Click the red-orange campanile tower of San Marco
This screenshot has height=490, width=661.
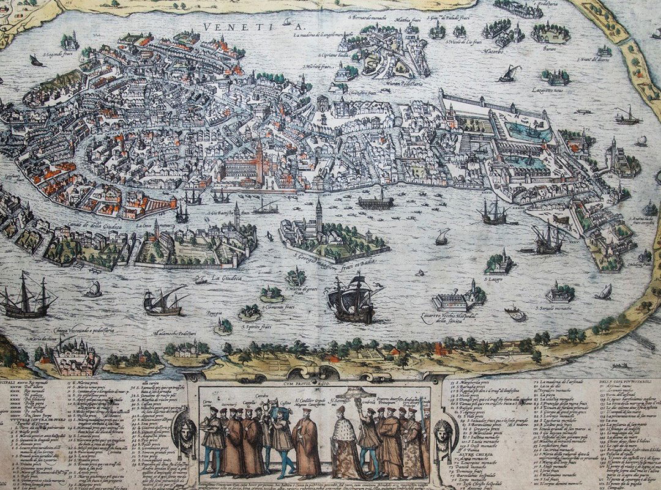tap(260, 160)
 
